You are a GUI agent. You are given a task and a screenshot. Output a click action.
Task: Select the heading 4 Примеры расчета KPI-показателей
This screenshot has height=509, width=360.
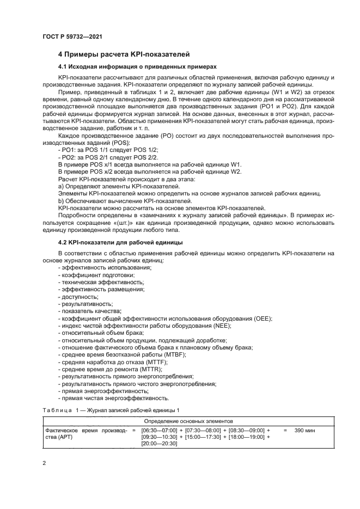[124, 55]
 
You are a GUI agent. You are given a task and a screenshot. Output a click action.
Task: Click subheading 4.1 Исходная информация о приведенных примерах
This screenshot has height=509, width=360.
[137, 66]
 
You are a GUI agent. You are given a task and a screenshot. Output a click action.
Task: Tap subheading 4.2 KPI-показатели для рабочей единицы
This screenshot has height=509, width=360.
[120, 242]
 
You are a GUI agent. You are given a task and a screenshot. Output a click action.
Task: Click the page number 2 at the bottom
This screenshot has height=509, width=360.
[45, 463]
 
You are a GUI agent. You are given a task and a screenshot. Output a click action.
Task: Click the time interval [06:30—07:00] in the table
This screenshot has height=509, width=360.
[159, 430]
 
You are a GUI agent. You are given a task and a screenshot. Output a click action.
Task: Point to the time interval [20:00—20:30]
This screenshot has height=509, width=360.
[159, 444]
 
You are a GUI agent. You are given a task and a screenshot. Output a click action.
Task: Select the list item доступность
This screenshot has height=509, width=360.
[78, 297]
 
